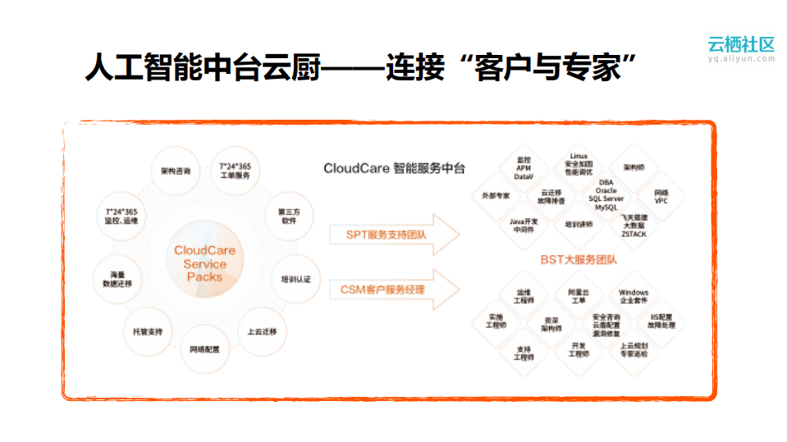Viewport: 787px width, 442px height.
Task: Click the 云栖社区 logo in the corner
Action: click(x=740, y=48)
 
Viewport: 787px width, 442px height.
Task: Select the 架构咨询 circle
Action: click(x=176, y=172)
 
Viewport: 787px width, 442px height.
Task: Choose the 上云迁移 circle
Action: click(x=262, y=331)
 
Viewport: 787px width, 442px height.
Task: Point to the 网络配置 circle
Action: click(x=204, y=350)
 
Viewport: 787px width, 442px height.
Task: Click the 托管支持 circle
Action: click(x=148, y=331)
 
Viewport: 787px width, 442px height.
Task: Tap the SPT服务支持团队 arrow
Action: click(x=385, y=235)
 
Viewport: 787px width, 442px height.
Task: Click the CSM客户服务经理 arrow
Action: click(x=385, y=289)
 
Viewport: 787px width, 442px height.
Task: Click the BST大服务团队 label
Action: click(x=579, y=260)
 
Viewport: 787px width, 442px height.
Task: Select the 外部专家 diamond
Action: click(x=496, y=196)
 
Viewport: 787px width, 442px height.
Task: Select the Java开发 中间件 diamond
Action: click(x=524, y=225)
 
